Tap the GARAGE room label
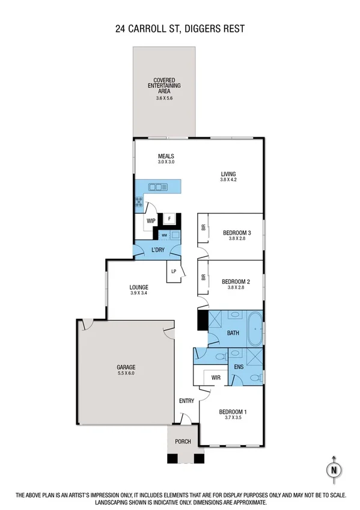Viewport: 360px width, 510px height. (x=126, y=366)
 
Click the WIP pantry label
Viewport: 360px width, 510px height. (x=150, y=221)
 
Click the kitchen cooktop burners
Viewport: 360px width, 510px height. (x=139, y=203)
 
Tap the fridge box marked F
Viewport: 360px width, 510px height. (x=170, y=218)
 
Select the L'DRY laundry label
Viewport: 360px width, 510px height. (x=157, y=250)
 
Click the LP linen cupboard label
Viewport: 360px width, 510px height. (x=174, y=271)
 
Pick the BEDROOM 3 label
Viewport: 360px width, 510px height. (x=236, y=233)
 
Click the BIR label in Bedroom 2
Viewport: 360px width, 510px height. (x=204, y=278)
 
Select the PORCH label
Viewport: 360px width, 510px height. (x=183, y=441)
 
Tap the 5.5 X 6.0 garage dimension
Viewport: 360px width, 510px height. (x=126, y=373)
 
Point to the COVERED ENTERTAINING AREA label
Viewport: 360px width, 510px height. (x=163, y=85)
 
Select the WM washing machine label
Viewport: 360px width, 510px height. (x=164, y=235)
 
